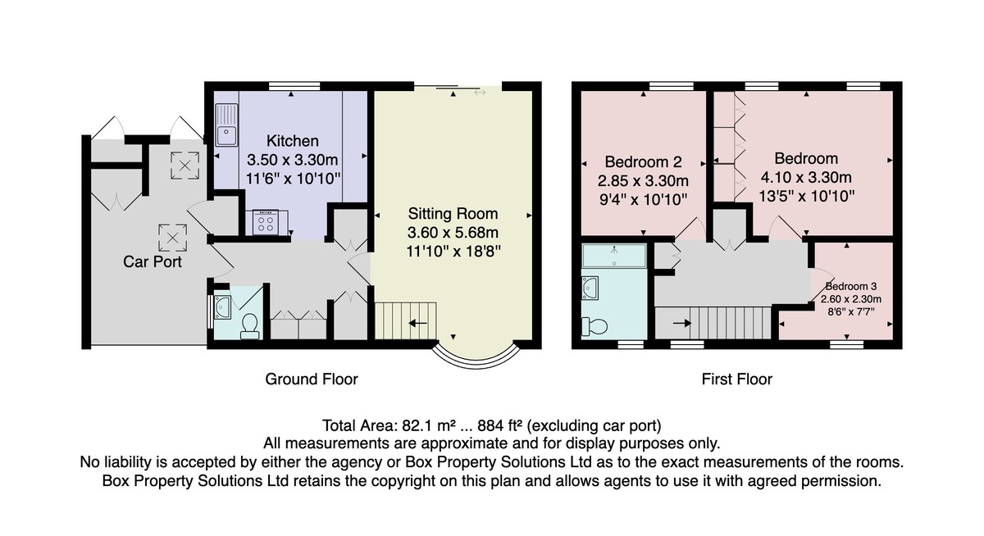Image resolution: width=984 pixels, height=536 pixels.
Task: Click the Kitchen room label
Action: pos(293,141)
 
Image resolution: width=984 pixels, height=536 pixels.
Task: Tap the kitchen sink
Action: pos(226,125)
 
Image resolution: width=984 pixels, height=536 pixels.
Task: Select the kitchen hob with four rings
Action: pos(266,223)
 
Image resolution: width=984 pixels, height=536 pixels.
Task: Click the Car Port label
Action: pos(152,261)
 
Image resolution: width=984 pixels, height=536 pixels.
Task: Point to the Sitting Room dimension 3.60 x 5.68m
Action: pos(453,232)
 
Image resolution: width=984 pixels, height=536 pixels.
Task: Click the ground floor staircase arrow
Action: pos(417,324)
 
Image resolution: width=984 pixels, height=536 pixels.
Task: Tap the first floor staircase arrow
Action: pos(681,324)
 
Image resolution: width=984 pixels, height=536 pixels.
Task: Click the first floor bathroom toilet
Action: pos(594,326)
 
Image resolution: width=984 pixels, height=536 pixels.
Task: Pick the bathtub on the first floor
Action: pos(614,256)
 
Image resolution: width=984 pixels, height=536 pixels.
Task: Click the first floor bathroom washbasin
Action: pos(590,288)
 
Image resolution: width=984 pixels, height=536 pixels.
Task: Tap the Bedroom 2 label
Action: pos(643,162)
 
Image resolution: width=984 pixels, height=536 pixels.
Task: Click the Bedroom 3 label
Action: pos(851,287)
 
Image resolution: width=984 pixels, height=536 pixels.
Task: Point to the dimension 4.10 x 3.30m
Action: pos(806,177)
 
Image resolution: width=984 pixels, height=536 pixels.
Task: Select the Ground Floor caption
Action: pos(312,379)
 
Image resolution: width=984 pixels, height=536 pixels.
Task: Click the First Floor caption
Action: pos(736,379)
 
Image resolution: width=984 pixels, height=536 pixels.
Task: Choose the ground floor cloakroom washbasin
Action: pos(223,307)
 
